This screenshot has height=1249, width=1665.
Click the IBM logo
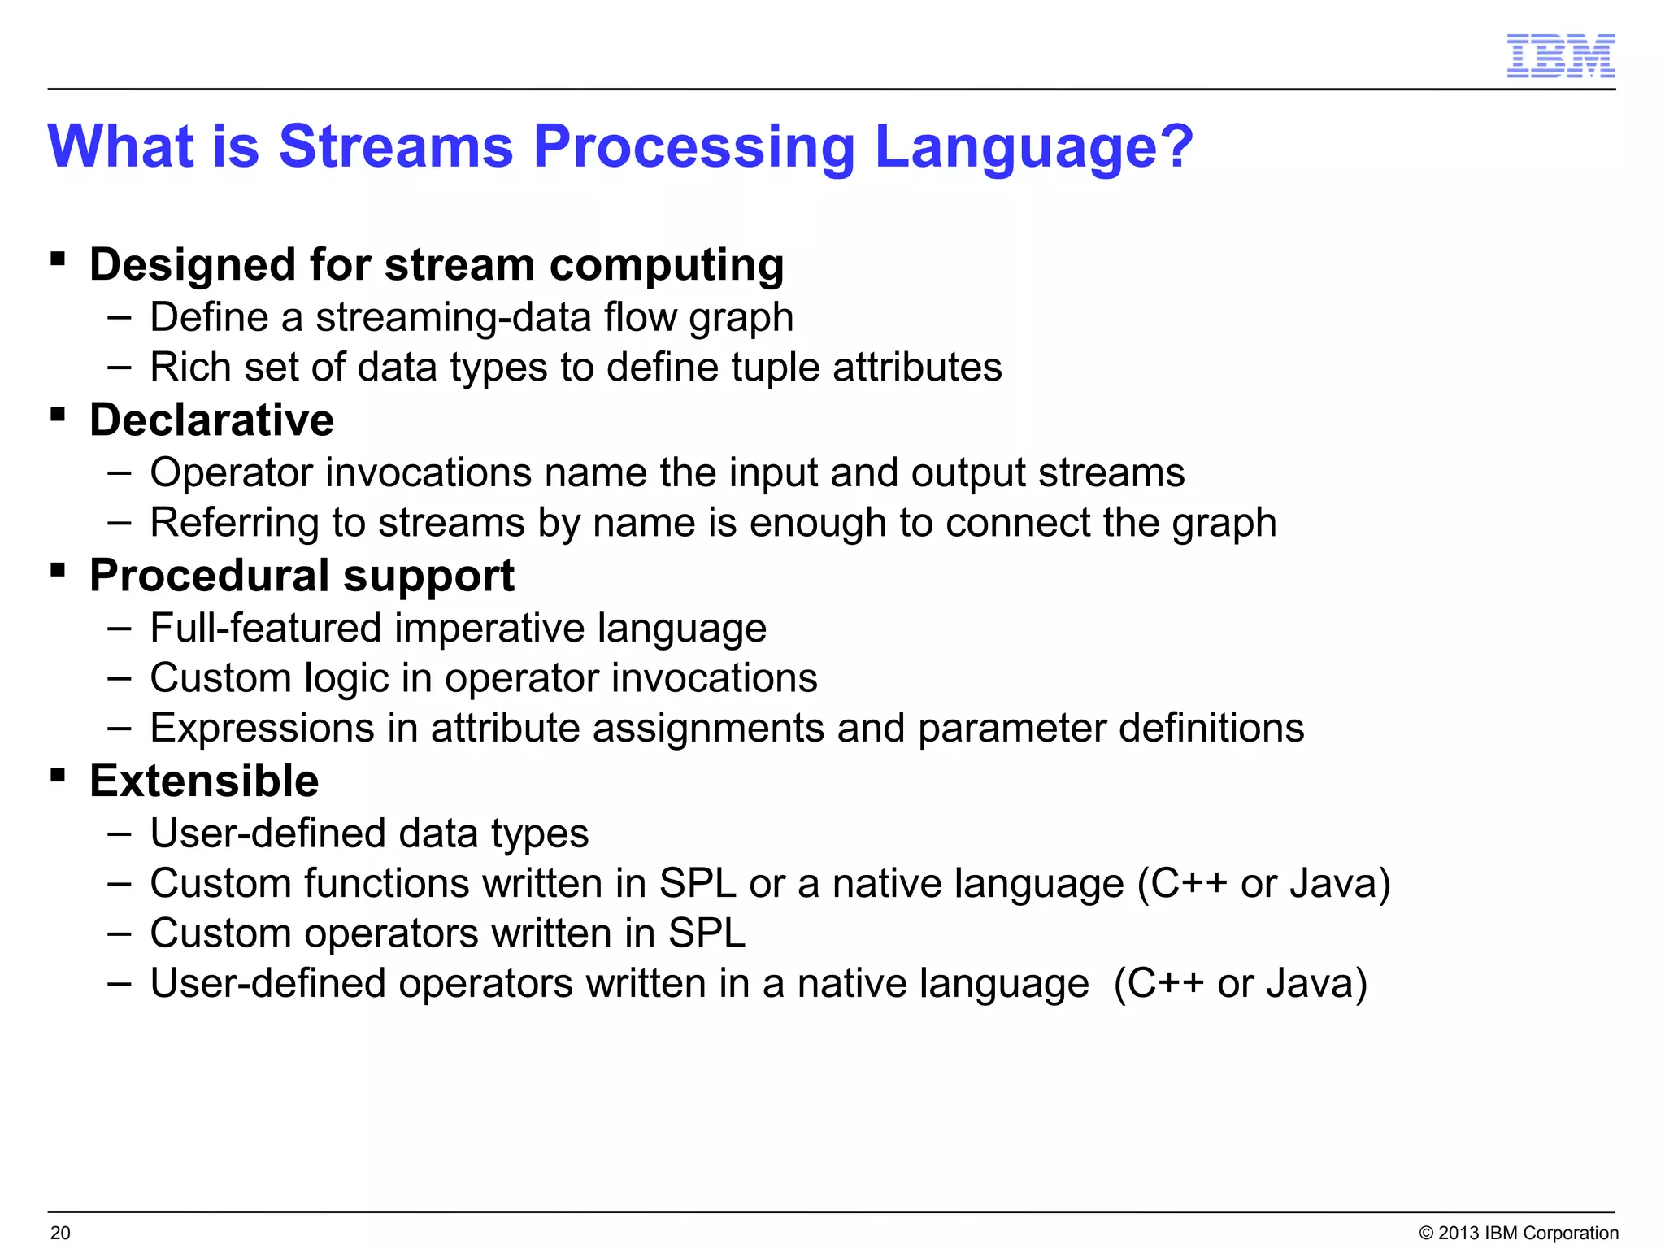coord(1560,56)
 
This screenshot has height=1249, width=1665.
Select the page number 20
coord(60,1233)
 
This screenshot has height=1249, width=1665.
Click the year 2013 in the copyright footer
coord(1459,1233)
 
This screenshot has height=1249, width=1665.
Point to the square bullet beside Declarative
coord(58,415)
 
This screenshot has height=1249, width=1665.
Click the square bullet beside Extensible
coord(58,774)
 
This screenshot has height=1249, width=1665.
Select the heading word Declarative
coord(211,420)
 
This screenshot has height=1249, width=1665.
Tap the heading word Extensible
coord(204,781)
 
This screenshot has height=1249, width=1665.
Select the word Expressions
coord(263,728)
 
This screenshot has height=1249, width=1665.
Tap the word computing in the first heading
coord(667,266)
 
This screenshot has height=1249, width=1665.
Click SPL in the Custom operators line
coord(706,933)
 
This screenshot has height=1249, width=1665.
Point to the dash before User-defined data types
coord(119,834)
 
